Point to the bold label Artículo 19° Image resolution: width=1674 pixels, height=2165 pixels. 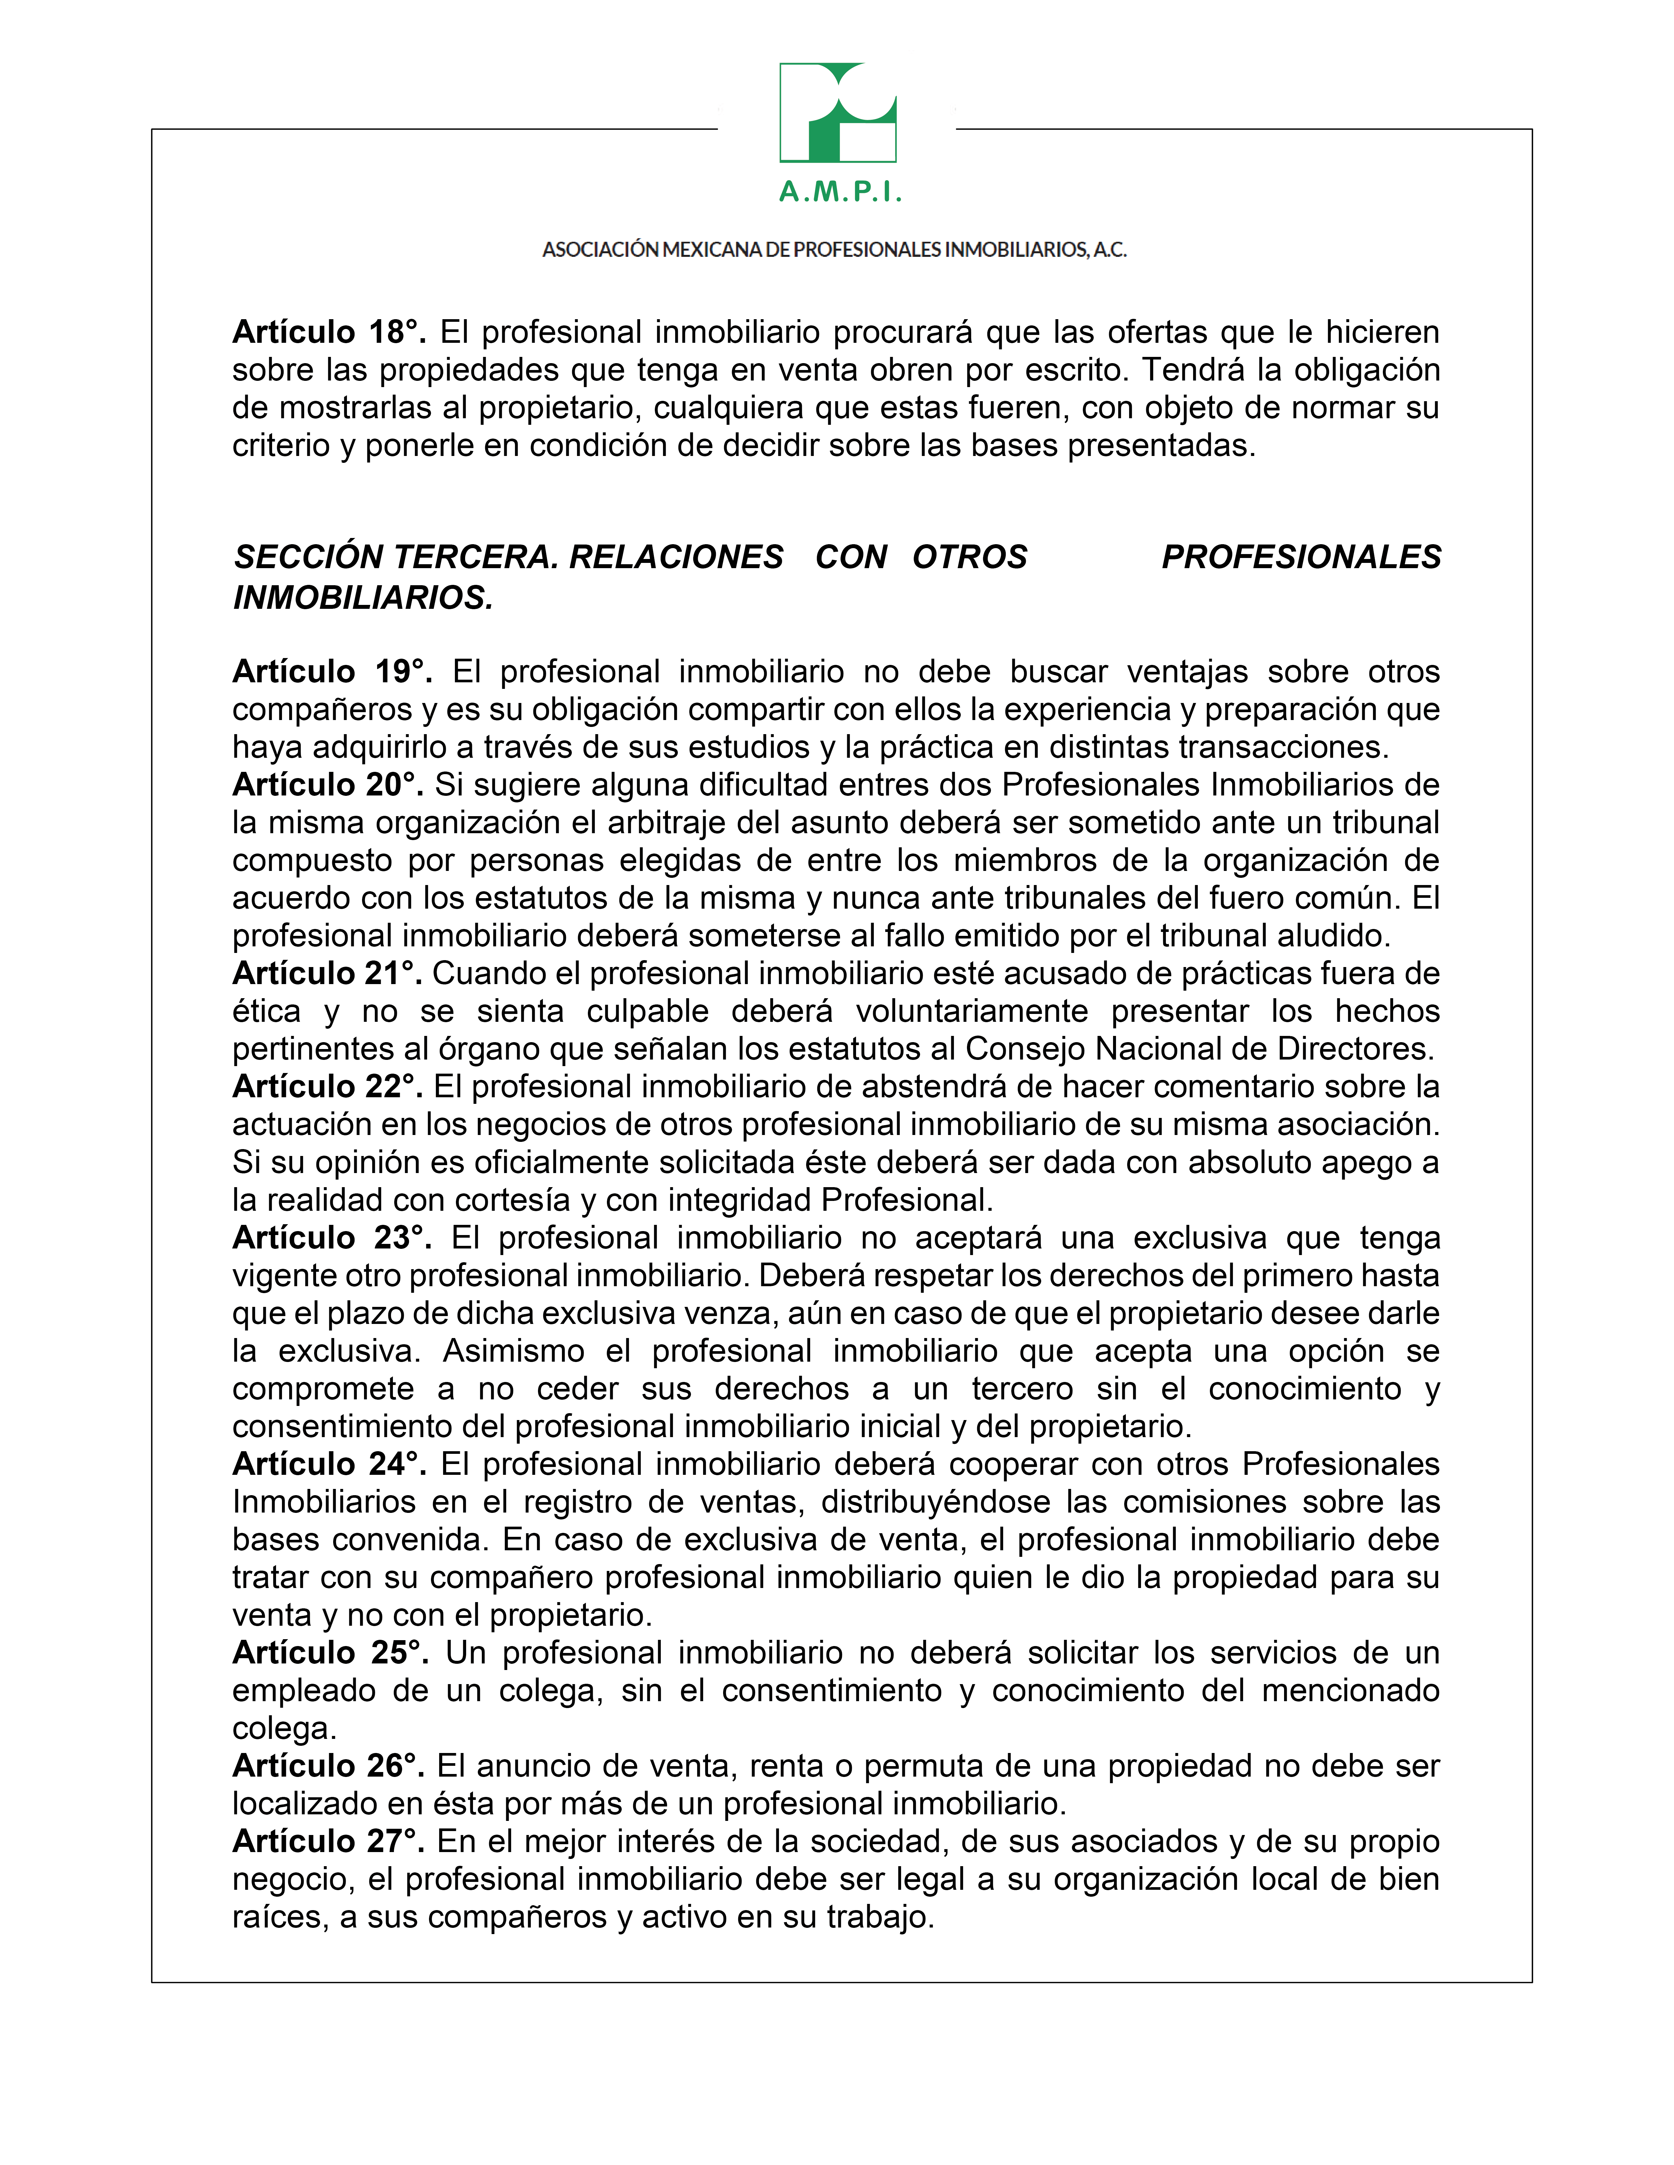(x=332, y=672)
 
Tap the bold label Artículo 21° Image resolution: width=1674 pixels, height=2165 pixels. (x=327, y=974)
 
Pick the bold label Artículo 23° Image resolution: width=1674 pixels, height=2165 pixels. (x=332, y=1238)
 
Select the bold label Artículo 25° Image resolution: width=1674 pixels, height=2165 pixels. (x=330, y=1653)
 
